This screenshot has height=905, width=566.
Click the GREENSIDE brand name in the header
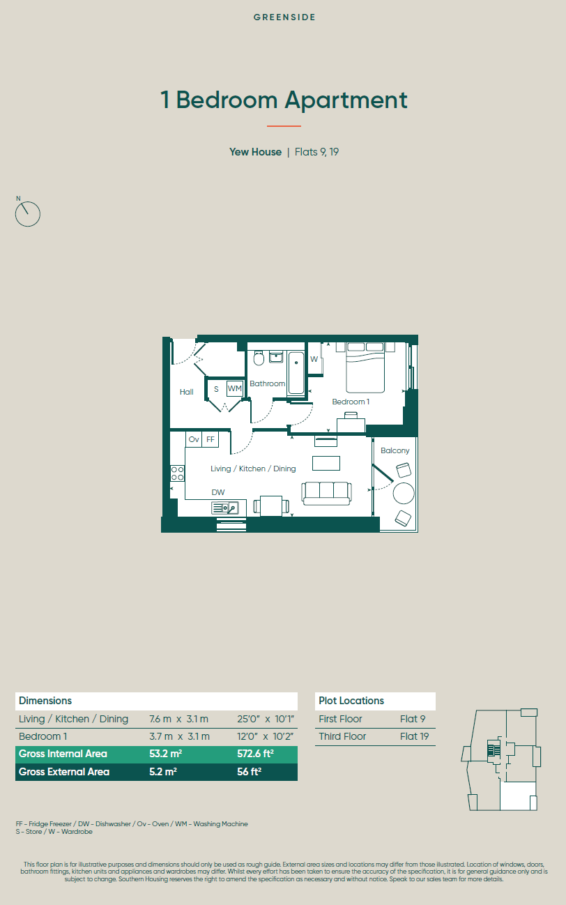click(x=284, y=17)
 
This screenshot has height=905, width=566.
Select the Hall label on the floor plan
click(x=187, y=392)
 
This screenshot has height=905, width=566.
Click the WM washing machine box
click(x=235, y=388)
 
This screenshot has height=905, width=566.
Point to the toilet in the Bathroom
click(x=259, y=358)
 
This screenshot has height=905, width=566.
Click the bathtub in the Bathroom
click(x=296, y=372)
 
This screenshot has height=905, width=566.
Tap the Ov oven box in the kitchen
click(x=194, y=439)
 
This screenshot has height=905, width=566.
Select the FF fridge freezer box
click(x=210, y=439)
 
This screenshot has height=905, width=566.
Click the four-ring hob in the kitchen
click(x=177, y=473)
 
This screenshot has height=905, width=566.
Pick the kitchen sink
click(x=225, y=508)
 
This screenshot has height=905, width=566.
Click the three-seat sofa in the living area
click(x=326, y=494)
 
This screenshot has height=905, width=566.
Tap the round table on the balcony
click(x=404, y=494)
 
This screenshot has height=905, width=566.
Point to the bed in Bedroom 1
click(x=365, y=367)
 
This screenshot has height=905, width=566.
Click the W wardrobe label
click(x=314, y=359)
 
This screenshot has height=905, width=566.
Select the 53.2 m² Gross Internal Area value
click(x=166, y=754)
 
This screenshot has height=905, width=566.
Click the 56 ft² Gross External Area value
click(x=250, y=772)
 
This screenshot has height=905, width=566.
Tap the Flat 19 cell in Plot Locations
click(x=415, y=736)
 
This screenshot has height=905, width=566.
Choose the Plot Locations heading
click(x=351, y=701)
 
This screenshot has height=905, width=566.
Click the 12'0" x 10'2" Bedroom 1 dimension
click(x=265, y=736)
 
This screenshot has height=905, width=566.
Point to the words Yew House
click(x=255, y=152)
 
